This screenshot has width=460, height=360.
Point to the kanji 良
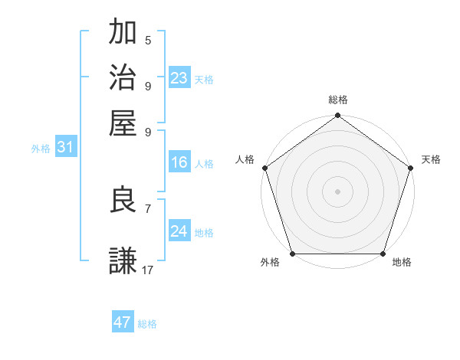(123, 200)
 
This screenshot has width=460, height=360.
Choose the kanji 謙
(123, 261)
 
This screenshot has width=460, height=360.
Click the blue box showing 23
(179, 78)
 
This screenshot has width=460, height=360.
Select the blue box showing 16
(179, 162)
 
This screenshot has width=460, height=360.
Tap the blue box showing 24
(179, 231)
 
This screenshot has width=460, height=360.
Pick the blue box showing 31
(65, 147)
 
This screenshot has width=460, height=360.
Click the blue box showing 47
(123, 322)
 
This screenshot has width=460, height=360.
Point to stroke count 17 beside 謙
(148, 270)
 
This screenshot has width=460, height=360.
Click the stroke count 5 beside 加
(148, 40)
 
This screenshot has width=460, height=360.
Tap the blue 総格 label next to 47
(147, 324)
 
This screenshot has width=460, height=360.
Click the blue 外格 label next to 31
(41, 149)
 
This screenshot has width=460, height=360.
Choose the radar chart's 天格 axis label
(431, 159)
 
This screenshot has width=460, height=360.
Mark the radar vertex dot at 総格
(337, 116)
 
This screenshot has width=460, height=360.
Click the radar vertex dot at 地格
(383, 254)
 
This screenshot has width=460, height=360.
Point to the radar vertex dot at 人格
(264, 168)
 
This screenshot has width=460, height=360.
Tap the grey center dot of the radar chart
(337, 191)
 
